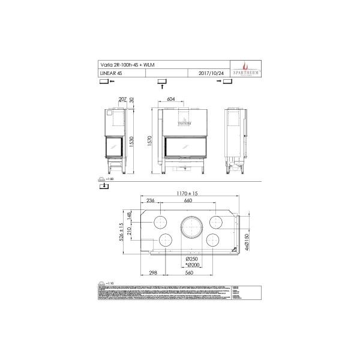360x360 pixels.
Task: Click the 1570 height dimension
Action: [151, 139]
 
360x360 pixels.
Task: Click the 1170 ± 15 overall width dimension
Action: [187, 193]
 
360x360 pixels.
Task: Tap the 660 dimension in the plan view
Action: [187, 200]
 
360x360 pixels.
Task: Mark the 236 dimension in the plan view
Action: [151, 200]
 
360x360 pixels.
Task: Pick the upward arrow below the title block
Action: [161, 86]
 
